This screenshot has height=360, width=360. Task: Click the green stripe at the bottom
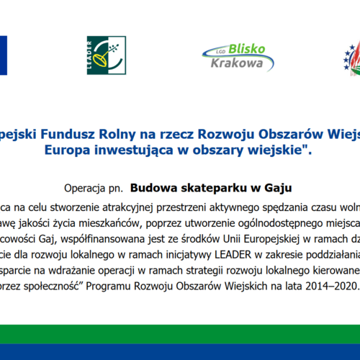180,333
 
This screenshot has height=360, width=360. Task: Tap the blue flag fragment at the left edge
3,55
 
